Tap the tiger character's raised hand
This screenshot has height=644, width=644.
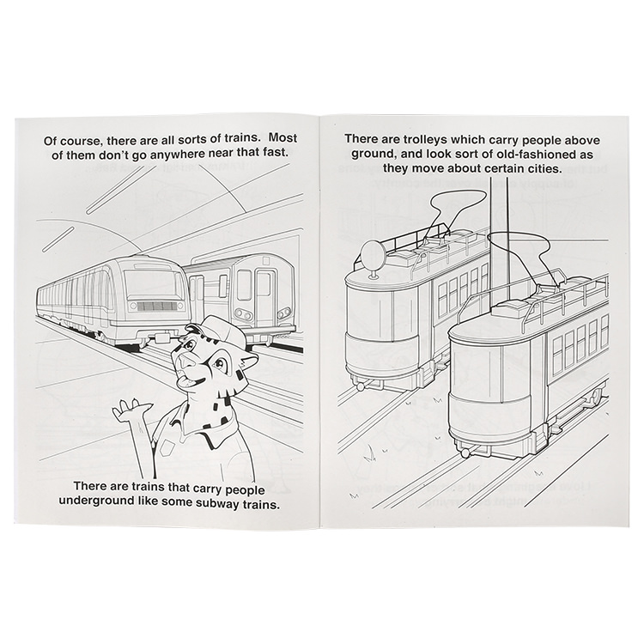(131, 410)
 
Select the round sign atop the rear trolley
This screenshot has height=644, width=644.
(371, 252)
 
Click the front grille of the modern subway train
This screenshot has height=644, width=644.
(155, 307)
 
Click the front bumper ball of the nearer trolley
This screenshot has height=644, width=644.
(465, 453)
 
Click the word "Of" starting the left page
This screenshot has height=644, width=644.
(50, 142)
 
